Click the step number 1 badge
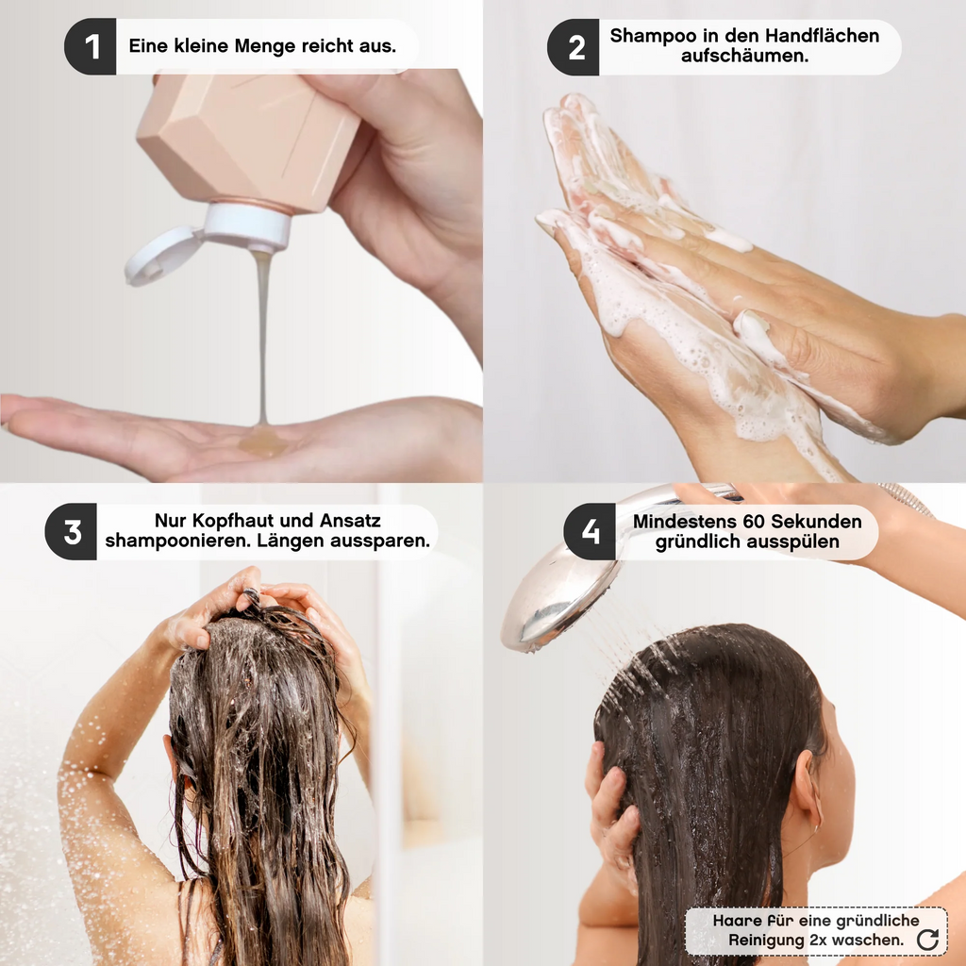tap(91, 46)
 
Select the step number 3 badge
tap(72, 532)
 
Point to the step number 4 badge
tap(590, 532)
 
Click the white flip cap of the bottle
tap(162, 258)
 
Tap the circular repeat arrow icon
tap(927, 939)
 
